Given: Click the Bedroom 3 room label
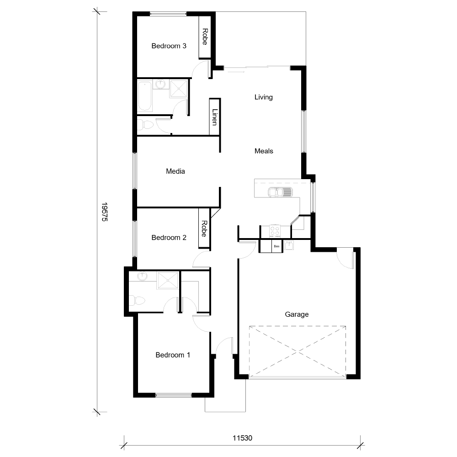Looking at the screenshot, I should (x=169, y=46).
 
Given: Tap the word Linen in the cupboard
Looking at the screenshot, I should (x=214, y=117).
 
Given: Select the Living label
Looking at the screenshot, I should (x=263, y=97).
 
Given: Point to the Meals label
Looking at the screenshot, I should (x=264, y=151).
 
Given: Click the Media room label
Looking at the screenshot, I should (x=175, y=171).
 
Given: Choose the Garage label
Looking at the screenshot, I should (x=297, y=314).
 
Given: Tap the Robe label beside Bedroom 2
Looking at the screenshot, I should (x=204, y=228).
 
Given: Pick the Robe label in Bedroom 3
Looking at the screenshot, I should (x=205, y=37).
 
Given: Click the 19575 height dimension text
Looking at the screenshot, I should (x=104, y=212).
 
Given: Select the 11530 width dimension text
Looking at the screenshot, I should (x=242, y=437).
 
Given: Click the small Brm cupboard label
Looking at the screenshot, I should (x=276, y=246).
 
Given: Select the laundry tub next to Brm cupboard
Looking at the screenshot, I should (x=289, y=245).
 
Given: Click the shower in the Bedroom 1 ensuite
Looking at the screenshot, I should (x=168, y=280).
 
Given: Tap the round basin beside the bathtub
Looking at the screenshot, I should (x=160, y=84).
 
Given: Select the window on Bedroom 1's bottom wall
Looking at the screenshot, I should (x=174, y=395).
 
